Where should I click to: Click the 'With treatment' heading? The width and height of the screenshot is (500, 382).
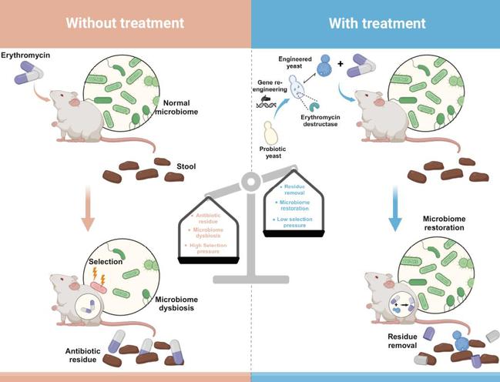coord(377,23)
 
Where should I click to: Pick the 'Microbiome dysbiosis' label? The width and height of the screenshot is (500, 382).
coord(181,304)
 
